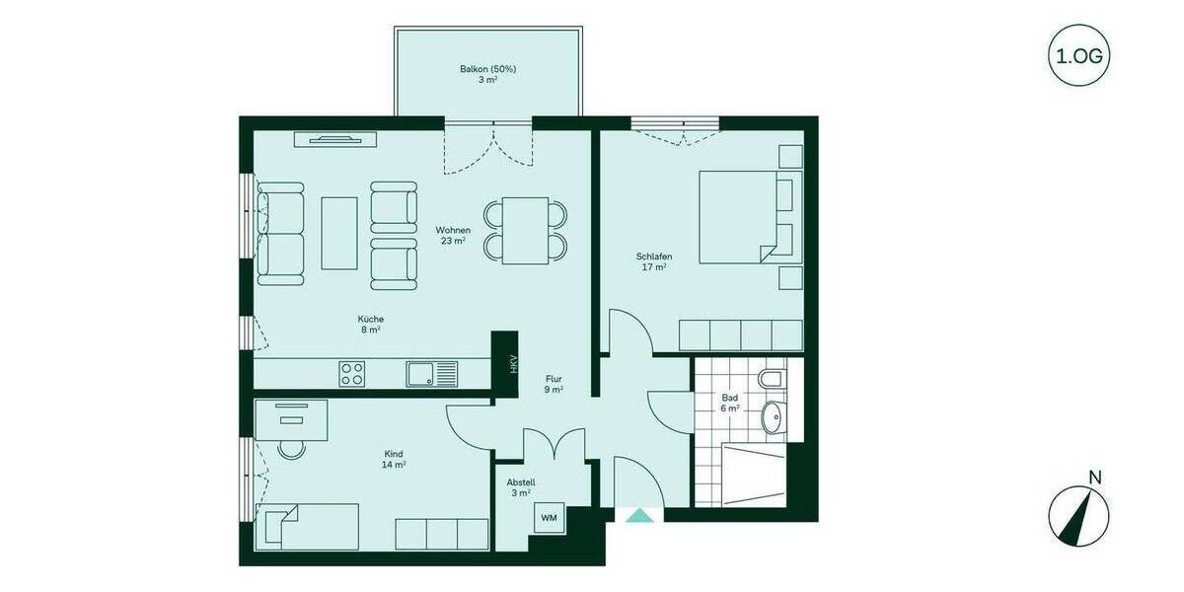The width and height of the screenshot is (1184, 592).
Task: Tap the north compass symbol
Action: click(1078, 518)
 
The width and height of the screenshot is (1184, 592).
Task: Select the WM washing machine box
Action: click(548, 516)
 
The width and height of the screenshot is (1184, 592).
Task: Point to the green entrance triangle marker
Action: click(639, 515)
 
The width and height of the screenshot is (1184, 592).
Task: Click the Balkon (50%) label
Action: click(487, 74)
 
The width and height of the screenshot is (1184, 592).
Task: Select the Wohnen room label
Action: click(452, 235)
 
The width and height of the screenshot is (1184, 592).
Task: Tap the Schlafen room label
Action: click(653, 261)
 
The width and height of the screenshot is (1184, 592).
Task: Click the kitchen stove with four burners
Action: click(352, 373)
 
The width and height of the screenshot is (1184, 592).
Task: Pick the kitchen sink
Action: click(431, 373)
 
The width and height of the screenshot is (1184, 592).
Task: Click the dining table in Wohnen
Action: click(525, 230)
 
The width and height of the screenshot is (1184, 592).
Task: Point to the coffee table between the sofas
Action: click(339, 232)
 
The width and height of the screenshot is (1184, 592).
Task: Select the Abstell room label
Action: click(521, 487)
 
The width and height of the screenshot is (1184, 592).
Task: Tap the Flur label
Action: click(555, 383)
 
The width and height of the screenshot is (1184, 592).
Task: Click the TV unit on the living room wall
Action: click(335, 139)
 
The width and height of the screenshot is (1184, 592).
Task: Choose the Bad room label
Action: click(729, 403)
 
